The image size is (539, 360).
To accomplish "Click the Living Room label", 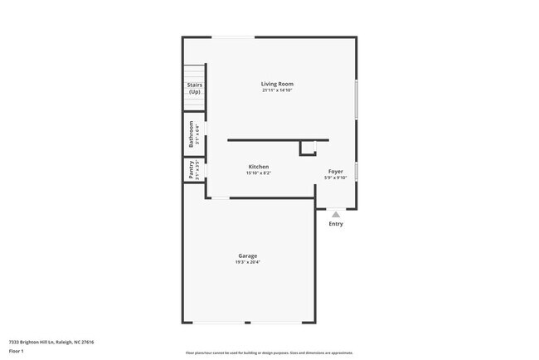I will pos(277,84).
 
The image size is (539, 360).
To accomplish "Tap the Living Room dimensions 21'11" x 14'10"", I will pos(277,90).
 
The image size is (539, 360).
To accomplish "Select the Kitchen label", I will pos(258,167).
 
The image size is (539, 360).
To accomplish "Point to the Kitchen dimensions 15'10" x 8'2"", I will pos(258,173).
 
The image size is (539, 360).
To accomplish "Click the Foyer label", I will pos(336,171).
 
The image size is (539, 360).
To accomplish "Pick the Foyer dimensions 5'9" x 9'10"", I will pos(336,178).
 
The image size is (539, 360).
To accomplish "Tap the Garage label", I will pos(247,255).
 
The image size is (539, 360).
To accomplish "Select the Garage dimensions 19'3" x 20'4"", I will pos(247,262).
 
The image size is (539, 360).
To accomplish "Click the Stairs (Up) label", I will pos(195,88).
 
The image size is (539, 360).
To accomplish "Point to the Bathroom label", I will pos(191,136).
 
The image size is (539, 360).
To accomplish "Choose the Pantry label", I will pos(191,169).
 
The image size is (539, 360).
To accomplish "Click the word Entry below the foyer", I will pos(336,224).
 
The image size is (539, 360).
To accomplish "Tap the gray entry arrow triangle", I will pos(336,214).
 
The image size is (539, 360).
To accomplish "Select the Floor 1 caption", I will pos(17,351).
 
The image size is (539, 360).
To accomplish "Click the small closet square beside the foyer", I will pos(308,148).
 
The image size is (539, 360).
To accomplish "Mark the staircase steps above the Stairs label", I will pos(195,72).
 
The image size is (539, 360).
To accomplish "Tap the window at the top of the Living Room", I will pos(233,36).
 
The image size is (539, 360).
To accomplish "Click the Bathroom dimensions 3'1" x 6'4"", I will pos(197,136).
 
